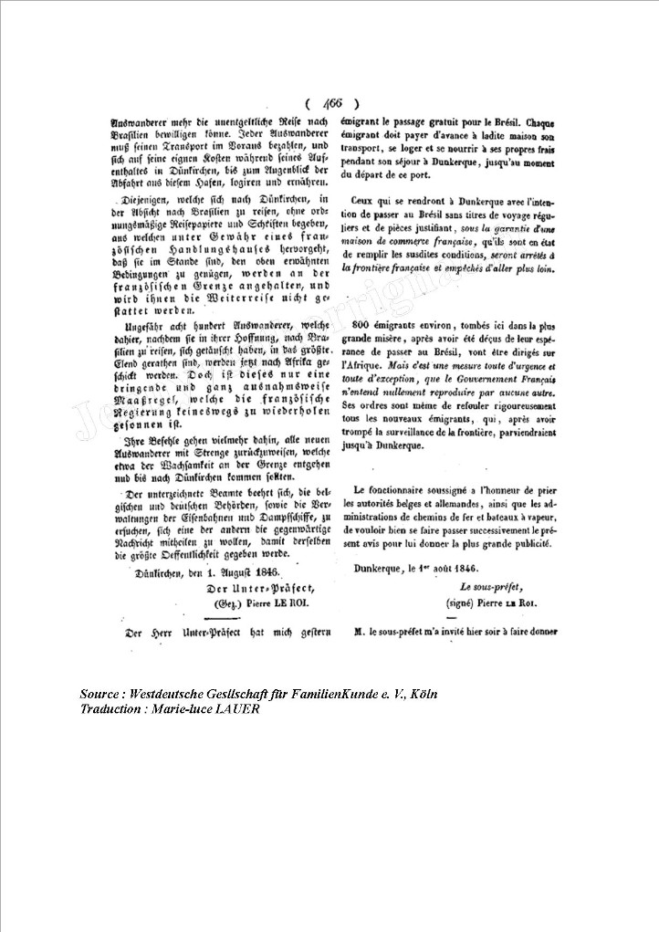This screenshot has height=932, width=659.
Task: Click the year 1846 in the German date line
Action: [240, 573]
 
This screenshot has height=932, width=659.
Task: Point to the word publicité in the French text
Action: [523, 543]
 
